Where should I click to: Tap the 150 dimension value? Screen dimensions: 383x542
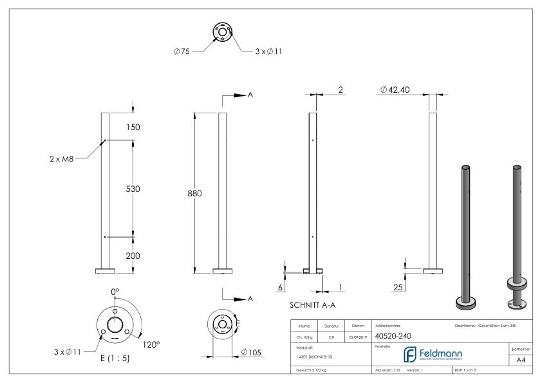[133, 127]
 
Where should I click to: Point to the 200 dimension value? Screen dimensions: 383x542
[133, 255]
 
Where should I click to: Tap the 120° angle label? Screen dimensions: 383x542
[151, 344]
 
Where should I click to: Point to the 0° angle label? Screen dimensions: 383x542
[115, 292]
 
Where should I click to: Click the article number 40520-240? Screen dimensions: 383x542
[393, 336]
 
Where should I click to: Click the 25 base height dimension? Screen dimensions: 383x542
[399, 288]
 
